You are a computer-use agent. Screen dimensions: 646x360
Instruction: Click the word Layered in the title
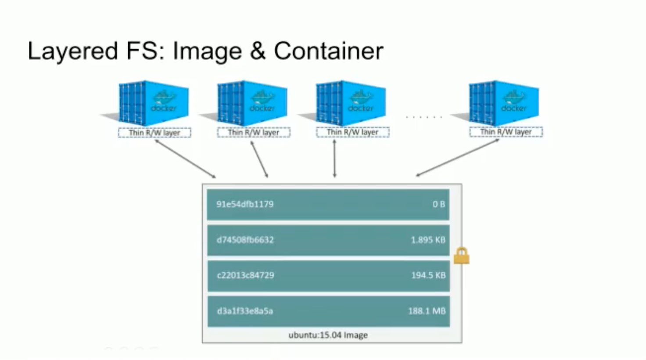click(73, 51)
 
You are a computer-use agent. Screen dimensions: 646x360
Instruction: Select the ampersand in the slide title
click(258, 51)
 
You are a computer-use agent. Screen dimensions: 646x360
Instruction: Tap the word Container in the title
click(328, 51)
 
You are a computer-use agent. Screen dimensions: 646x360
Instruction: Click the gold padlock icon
click(461, 256)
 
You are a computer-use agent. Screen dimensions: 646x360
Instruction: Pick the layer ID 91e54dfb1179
click(245, 204)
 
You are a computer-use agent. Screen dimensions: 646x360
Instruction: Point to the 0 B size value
click(439, 204)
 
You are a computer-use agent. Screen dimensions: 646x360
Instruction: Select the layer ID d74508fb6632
click(245, 240)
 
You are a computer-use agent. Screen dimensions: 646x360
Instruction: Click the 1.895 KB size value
click(428, 240)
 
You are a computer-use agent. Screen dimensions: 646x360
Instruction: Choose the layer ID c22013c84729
click(245, 275)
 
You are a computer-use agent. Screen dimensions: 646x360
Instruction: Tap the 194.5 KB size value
click(428, 275)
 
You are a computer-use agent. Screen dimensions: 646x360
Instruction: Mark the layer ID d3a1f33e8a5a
click(245, 311)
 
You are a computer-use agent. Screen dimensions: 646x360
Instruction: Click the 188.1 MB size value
click(427, 311)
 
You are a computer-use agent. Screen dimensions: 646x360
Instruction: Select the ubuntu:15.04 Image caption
click(328, 335)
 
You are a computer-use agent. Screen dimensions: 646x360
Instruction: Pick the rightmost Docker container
click(503, 103)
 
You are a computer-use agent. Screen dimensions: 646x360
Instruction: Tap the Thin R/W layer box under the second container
click(254, 133)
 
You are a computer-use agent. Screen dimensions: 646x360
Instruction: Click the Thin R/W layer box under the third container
click(353, 132)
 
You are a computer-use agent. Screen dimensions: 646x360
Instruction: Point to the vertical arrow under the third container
click(334, 158)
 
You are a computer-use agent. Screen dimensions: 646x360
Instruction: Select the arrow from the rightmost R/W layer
click(458, 158)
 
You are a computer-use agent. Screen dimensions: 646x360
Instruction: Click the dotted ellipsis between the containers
click(423, 117)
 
